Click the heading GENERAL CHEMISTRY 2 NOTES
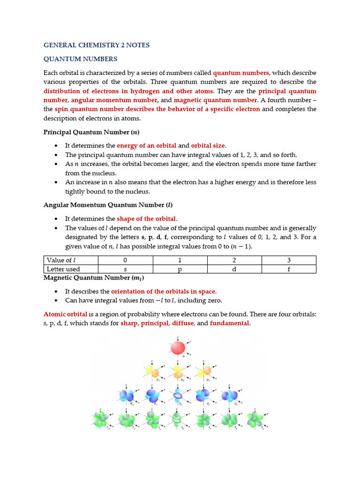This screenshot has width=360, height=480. (x=97, y=45)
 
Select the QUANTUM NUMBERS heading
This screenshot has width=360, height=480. (x=80, y=59)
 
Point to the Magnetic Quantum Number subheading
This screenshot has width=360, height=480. (x=93, y=277)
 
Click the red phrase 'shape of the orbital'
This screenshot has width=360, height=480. (x=146, y=218)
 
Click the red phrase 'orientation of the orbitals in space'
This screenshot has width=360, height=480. (x=163, y=291)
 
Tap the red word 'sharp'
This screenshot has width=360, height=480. (x=129, y=323)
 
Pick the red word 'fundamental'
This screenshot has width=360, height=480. (x=230, y=323)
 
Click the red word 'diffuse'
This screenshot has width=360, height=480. (x=183, y=323)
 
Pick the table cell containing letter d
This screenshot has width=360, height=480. (x=234, y=269)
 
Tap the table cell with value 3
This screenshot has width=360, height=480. (x=289, y=260)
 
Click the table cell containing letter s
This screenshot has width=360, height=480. (x=125, y=269)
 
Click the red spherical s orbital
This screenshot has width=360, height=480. (x=178, y=348)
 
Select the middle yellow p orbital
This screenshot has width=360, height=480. (x=178, y=371)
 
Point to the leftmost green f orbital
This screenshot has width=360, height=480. (x=100, y=419)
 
